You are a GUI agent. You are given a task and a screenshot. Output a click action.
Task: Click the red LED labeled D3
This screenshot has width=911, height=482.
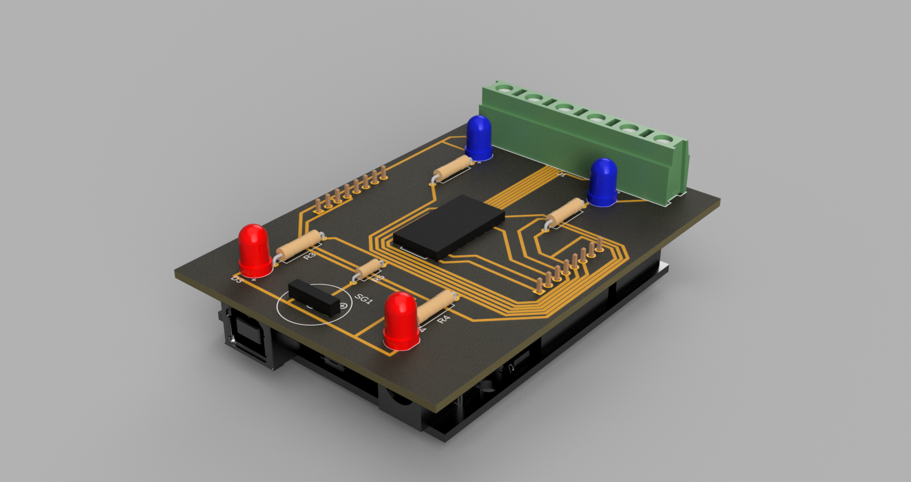tap(254, 251)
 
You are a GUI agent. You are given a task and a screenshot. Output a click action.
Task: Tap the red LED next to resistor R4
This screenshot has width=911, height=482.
tap(401, 321)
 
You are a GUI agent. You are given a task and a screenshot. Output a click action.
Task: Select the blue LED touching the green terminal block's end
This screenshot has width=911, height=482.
tap(478, 136)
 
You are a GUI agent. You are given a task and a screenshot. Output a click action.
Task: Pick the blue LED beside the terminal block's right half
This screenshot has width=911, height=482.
tap(603, 183)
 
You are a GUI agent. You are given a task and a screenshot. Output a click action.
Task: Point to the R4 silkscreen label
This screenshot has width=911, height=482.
tap(444, 319)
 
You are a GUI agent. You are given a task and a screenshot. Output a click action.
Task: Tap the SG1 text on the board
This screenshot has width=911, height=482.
tap(364, 299)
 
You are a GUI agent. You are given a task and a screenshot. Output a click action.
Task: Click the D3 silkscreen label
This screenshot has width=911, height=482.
tap(236, 280)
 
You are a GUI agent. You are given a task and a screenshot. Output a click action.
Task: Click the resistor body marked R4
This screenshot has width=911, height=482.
tap(437, 306)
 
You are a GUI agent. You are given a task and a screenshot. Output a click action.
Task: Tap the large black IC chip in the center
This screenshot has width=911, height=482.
tap(449, 226)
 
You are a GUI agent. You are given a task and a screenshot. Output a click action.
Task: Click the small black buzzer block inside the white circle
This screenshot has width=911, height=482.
tap(313, 297)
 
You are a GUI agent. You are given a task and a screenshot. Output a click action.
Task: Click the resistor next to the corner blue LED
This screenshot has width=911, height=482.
tap(452, 167)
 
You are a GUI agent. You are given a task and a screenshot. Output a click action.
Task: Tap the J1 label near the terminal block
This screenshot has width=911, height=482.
tap(562, 174)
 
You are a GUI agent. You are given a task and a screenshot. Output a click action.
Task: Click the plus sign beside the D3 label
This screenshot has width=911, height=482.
tap(254, 280)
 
